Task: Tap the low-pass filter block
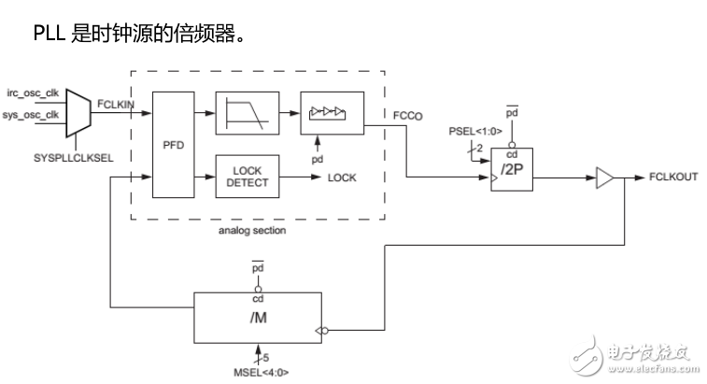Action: click(247, 112)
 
